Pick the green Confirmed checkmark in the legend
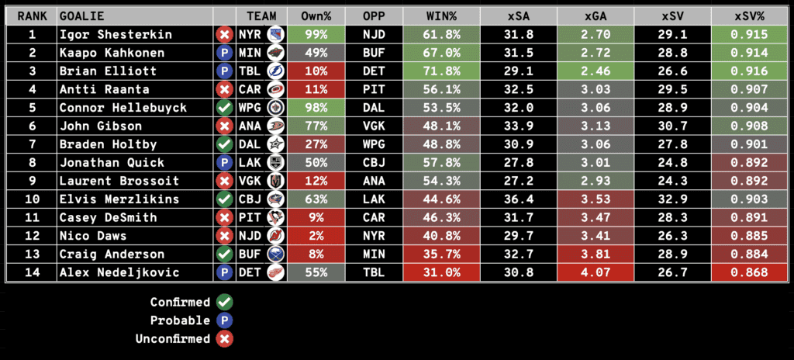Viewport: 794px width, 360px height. [226, 302]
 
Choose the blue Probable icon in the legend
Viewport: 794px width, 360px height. [226, 320]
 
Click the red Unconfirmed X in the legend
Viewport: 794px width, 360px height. [226, 339]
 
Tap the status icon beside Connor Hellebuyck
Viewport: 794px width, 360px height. [225, 107]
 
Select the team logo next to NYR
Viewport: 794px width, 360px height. [275, 34]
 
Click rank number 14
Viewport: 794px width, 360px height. [32, 272]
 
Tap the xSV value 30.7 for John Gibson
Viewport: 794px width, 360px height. [671, 126]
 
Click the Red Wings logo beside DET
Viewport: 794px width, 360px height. [275, 272]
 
